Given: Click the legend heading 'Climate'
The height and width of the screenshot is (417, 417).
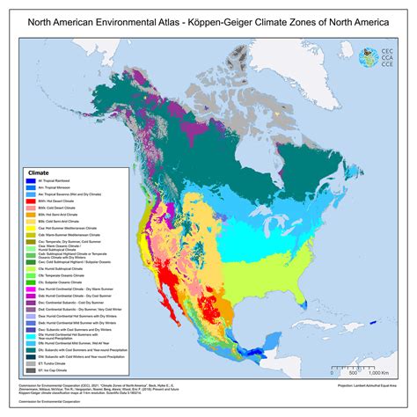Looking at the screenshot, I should coord(40,172).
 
